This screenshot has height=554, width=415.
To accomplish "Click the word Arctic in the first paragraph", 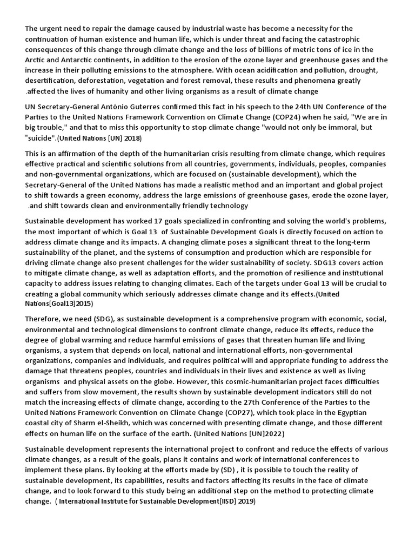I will point(36,60).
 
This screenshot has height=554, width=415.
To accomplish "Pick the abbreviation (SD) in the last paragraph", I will point(223,470).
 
